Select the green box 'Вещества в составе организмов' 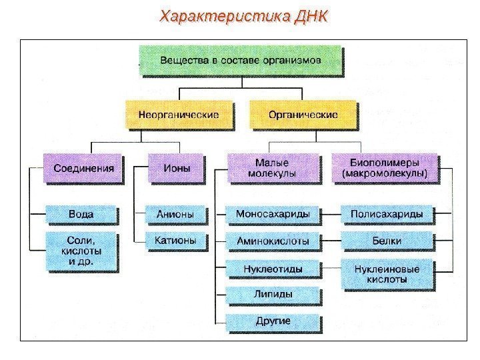coord(241,59)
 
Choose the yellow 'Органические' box coord(303,115)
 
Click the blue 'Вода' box coord(81,215)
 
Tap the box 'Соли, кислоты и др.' coord(81,250)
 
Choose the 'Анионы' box coord(175,215)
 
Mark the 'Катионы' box coord(175,240)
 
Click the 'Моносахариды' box coord(273,215)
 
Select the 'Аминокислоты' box coord(273,240)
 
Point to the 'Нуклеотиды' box coord(273,269)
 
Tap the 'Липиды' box coord(273,294)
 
